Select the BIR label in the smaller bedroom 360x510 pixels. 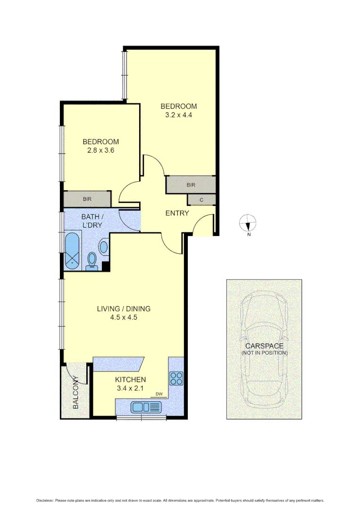[87, 199]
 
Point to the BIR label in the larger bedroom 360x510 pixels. [191, 185]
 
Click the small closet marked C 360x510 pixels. [201, 200]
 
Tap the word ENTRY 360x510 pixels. [177, 213]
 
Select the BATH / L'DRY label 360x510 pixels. [92, 221]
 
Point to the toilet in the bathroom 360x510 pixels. [92, 260]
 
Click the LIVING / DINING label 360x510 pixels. [124, 309]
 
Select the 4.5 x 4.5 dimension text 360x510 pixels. [124, 317]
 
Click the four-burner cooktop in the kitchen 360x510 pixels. [176, 378]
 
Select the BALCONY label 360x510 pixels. [75, 392]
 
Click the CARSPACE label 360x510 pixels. [264, 346]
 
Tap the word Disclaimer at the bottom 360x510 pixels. [45, 501]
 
